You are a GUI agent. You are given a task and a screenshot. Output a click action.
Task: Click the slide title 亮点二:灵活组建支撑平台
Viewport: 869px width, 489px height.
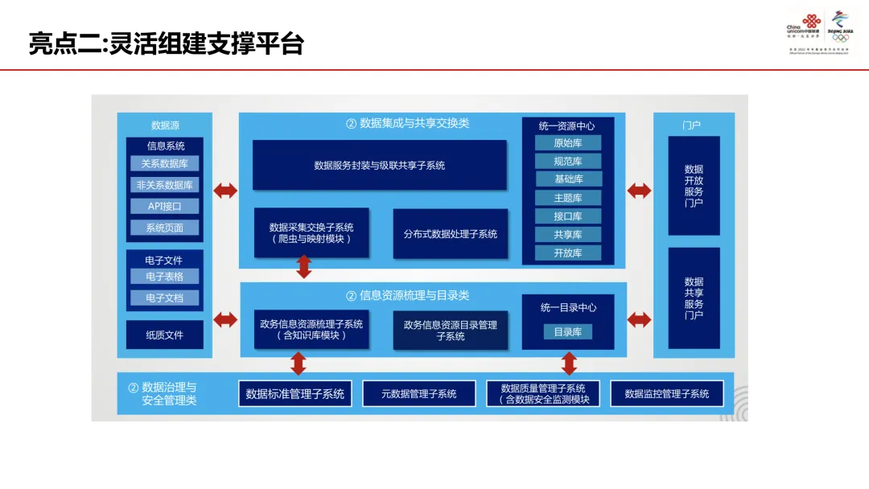(167, 43)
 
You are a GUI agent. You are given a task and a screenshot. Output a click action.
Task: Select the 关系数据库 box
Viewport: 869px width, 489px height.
(164, 163)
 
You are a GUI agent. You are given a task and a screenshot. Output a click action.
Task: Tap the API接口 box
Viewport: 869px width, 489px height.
(164, 206)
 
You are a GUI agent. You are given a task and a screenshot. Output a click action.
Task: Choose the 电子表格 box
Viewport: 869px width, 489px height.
(164, 276)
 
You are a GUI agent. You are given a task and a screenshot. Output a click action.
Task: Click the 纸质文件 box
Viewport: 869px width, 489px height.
(164, 335)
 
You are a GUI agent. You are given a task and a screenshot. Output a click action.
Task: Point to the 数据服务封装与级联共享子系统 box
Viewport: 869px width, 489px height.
(379, 165)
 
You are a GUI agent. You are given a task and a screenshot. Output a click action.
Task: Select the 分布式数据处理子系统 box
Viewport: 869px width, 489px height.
(450, 234)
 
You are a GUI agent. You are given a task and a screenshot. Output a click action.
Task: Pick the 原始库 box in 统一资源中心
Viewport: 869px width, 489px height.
(568, 142)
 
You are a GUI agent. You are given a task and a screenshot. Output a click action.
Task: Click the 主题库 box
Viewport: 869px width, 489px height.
(568, 198)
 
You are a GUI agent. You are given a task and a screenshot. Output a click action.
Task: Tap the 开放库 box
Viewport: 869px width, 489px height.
(568, 253)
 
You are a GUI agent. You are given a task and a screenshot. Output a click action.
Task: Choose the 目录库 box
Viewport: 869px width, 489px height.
(568, 331)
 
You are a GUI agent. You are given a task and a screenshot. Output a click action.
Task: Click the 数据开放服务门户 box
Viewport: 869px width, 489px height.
(694, 186)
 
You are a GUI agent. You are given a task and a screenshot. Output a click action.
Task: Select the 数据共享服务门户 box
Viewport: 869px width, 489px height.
(694, 298)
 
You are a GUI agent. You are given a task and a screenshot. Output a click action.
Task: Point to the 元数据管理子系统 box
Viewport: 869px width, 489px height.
(418, 393)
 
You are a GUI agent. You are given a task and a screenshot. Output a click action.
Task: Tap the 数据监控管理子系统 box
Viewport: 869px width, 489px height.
(666, 393)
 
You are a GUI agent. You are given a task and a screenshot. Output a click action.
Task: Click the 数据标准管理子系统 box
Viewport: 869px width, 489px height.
(294, 393)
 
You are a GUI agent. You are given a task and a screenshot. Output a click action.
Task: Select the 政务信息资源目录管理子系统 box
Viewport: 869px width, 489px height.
(450, 330)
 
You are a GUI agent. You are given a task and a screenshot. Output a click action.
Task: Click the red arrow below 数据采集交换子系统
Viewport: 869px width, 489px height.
(304, 266)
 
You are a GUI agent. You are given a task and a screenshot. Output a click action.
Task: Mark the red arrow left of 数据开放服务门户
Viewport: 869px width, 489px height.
(639, 191)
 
